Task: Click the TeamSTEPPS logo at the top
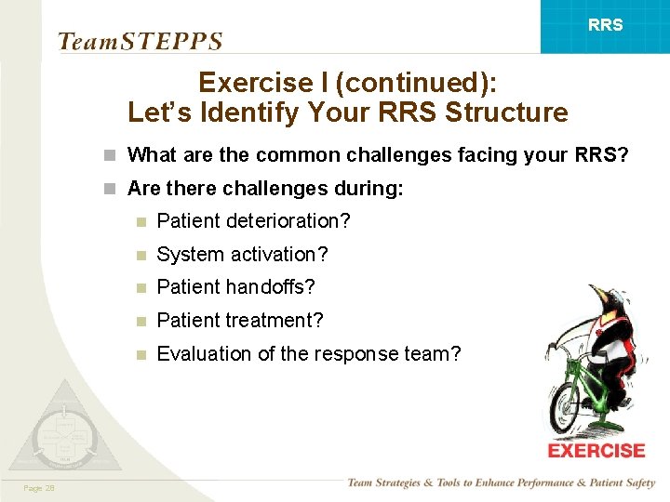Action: tap(140, 41)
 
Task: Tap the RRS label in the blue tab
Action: tap(606, 25)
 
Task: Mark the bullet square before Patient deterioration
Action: tap(141, 222)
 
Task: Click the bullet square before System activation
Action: tap(141, 255)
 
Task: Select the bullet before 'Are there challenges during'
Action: tap(111, 189)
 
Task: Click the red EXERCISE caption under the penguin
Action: tap(596, 451)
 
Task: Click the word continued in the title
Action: tap(404, 83)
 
